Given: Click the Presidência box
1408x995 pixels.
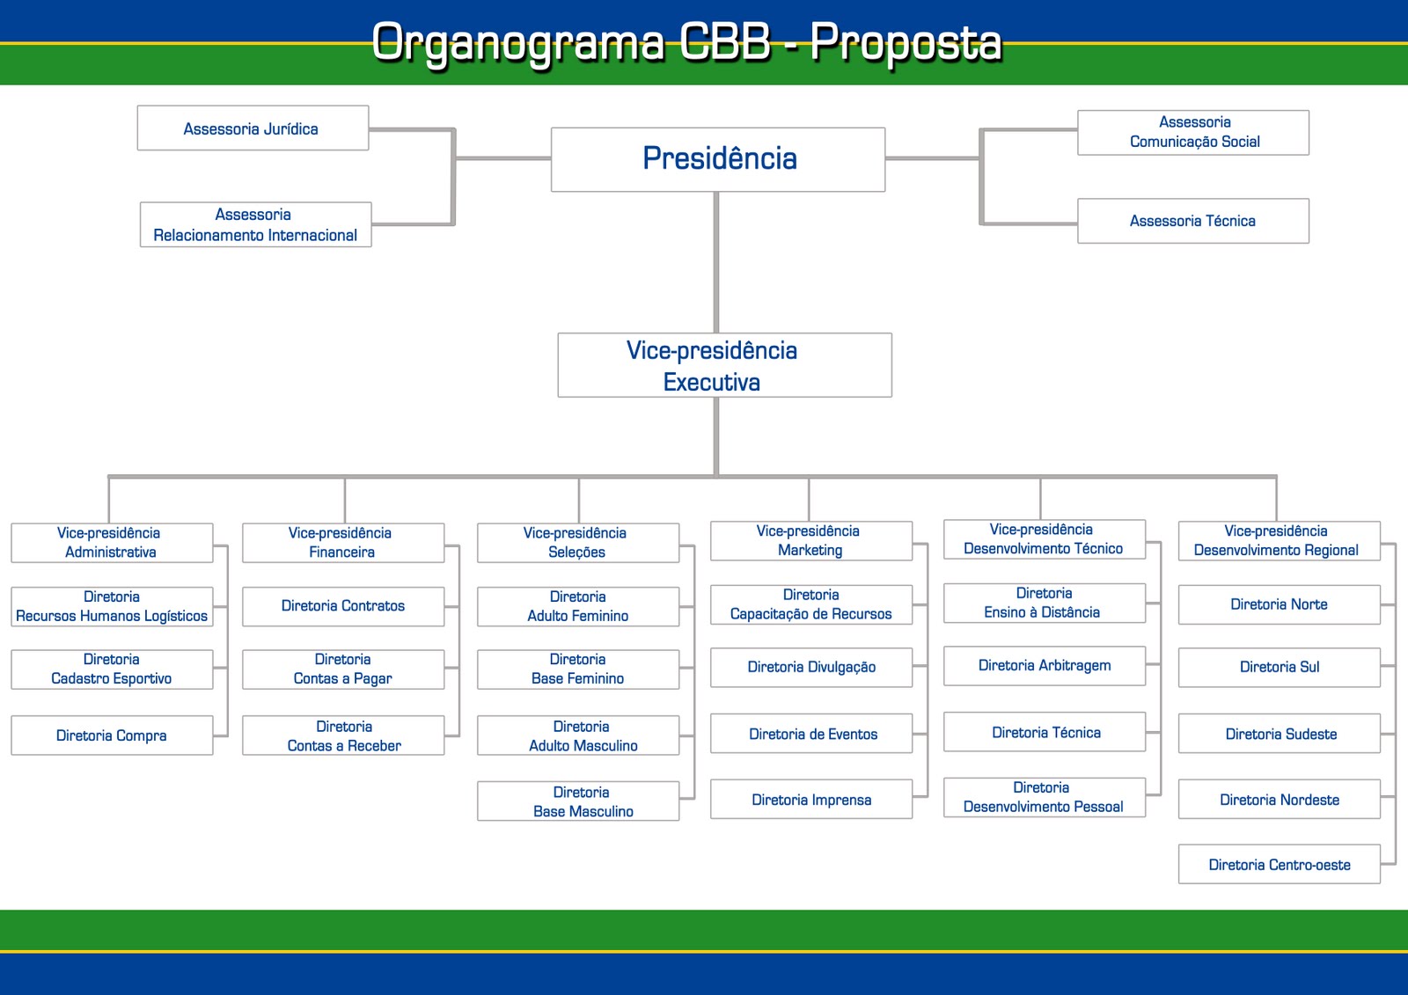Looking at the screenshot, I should tap(718, 159).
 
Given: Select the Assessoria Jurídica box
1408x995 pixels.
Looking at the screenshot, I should tap(253, 128).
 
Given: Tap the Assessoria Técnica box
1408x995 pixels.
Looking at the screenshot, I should tap(1192, 221).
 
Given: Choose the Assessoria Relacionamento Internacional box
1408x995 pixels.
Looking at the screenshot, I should tap(255, 224).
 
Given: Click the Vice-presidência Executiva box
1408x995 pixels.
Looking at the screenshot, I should tap(724, 365).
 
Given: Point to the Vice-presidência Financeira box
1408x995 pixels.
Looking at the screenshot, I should tap(343, 543).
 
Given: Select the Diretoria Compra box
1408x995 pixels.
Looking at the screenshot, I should tap(112, 735).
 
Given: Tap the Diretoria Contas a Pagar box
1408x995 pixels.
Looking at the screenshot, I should tap(343, 669).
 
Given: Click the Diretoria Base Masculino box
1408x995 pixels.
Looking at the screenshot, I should tap(578, 801).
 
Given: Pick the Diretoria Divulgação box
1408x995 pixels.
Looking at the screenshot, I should tap(811, 667).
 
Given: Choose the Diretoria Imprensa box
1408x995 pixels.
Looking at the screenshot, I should tap(811, 800).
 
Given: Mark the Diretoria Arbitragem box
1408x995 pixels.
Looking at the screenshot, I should tap(1045, 666).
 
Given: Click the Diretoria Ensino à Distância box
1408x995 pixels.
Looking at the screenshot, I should tap(1045, 603).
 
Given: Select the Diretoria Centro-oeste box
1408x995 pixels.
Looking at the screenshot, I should tap(1280, 865).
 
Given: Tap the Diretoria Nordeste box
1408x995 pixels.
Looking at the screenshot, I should tap(1280, 800).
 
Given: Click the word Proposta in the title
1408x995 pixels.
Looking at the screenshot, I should tap(906, 42).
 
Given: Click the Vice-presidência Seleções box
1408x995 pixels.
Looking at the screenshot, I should tap(578, 543).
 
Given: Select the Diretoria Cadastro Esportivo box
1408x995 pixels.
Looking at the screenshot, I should tap(112, 669).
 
